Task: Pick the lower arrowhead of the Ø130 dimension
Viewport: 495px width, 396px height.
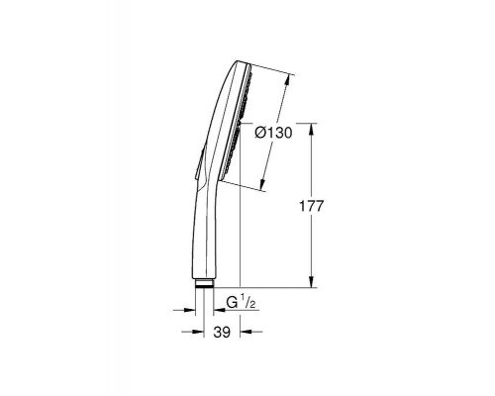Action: coord(263,187)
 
